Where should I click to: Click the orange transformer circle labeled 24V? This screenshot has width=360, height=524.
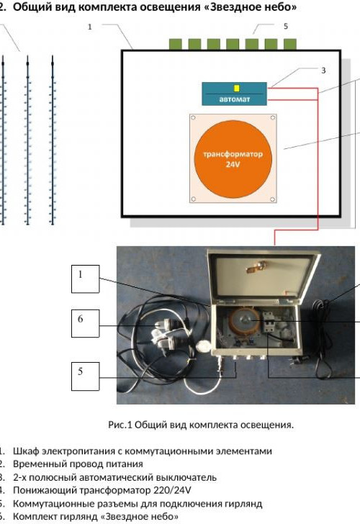point(233,159)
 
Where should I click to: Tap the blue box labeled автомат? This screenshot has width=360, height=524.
point(234,94)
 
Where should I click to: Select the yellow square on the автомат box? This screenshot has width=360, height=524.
point(237,89)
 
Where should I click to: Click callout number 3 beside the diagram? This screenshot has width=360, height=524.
point(323,71)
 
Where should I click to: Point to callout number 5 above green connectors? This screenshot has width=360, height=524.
point(285,26)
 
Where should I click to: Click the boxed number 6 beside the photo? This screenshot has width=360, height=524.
point(85,323)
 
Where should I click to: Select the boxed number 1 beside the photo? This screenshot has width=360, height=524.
point(85,279)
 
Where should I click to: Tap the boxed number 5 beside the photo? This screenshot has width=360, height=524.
point(85,376)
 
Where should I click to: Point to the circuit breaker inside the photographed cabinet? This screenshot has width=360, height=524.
point(269,322)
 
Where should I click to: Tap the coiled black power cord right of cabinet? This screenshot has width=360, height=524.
point(323,338)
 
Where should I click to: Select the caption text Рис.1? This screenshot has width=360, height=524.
point(120,425)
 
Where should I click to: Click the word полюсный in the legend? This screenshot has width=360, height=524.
point(49,477)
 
